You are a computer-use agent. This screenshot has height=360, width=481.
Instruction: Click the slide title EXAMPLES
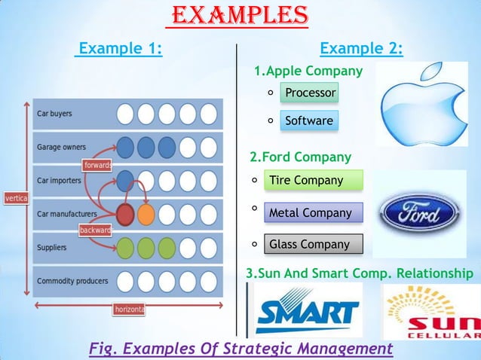click(240, 15)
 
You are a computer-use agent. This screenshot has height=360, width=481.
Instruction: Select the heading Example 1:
click(121, 50)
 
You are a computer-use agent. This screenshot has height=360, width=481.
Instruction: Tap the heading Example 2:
click(361, 50)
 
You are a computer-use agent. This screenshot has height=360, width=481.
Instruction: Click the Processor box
click(309, 93)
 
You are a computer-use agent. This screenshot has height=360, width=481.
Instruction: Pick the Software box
click(308, 121)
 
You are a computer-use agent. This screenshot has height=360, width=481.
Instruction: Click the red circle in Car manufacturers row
click(125, 214)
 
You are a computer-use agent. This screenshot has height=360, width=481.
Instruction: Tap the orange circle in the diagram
click(146, 214)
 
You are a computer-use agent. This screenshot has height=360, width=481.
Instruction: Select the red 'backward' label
click(96, 229)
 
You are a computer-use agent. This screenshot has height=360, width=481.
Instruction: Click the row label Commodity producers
click(72, 281)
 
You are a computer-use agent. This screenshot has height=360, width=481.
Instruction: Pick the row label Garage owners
click(62, 147)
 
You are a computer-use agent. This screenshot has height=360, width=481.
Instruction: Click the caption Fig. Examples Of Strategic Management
click(240, 349)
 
